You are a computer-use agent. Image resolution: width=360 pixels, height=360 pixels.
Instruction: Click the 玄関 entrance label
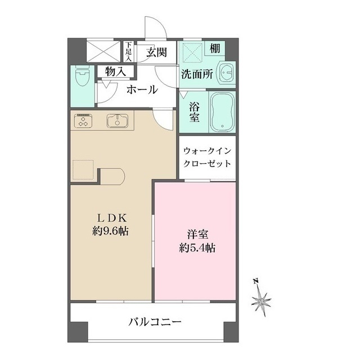pos(157,52)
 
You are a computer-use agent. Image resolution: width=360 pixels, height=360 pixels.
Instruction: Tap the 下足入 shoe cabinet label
pos(128,51)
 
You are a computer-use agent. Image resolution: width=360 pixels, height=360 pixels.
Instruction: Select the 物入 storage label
pos(115,71)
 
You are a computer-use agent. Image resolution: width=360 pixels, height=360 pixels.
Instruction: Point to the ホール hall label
pos(142,89)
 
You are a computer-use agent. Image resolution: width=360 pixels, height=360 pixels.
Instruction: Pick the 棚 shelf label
pos(215,49)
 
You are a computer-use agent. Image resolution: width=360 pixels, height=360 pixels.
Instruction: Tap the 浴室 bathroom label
pos(195,111)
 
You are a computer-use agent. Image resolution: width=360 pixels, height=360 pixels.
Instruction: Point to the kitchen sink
pos(116,120)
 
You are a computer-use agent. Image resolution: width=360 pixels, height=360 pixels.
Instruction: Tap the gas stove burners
pos(85,121)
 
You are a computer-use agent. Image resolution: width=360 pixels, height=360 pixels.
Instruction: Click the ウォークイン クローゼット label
pos(207,158)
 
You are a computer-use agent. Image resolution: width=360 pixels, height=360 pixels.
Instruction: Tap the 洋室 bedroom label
pos(195,234)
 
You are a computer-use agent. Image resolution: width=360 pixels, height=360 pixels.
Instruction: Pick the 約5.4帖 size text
pos(195,248)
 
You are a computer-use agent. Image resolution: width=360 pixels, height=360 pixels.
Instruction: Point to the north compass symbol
pos(262,298)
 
